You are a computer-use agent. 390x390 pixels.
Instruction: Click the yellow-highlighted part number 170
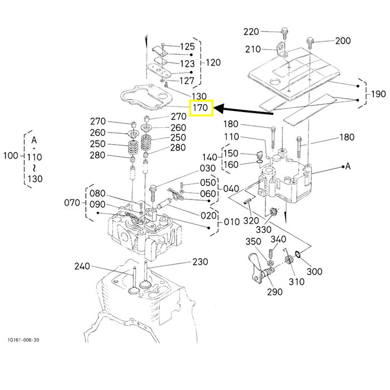[x=201, y=108]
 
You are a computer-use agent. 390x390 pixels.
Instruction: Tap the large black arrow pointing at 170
[x=244, y=110]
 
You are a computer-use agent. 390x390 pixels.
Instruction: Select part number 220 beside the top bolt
[x=251, y=32]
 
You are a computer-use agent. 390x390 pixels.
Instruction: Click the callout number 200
[x=343, y=41]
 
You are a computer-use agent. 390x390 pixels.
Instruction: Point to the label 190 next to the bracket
[x=378, y=94]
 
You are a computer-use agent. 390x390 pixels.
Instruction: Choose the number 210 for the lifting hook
[x=253, y=49]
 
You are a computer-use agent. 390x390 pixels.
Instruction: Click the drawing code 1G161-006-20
[x=23, y=340]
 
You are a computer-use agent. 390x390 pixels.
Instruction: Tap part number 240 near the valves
[x=82, y=266]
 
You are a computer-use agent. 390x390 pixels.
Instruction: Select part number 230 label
[x=200, y=262]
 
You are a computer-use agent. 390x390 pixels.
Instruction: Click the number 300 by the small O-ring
[x=314, y=271]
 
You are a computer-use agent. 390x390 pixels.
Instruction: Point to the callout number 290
[x=275, y=292]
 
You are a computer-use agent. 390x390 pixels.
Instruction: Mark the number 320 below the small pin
[x=251, y=221]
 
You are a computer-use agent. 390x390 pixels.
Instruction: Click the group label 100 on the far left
[x=11, y=156]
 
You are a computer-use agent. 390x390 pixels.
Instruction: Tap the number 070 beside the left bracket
[x=72, y=203]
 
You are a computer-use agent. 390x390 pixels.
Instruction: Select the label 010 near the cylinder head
[x=232, y=222]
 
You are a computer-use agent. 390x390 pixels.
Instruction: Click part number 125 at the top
[x=187, y=46]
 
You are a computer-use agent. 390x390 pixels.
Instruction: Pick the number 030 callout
[x=208, y=168]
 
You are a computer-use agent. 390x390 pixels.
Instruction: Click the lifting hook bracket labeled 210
[x=281, y=50]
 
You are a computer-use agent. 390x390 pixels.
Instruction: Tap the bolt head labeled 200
[x=310, y=40]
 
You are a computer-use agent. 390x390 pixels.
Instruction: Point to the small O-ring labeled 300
[x=298, y=254]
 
